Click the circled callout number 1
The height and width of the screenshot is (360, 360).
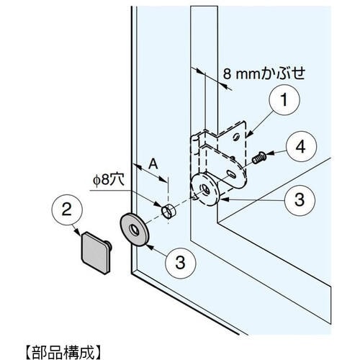tap(284, 99)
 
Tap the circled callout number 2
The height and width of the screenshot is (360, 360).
tap(67, 210)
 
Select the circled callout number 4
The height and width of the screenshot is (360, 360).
tap(301, 146)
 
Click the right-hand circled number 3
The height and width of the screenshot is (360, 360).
tap(300, 200)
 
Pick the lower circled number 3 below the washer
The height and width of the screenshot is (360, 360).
tap(181, 263)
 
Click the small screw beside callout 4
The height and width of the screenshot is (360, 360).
tap(258, 157)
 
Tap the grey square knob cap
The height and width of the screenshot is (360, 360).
tap(95, 253)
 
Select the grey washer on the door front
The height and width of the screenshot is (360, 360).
tap(135, 229)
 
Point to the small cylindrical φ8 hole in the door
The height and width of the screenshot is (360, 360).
tap(168, 212)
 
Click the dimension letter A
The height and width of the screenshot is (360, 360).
tap(153, 165)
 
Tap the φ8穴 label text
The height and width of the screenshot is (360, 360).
tap(109, 180)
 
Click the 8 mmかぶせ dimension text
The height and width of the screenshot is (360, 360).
tap(264, 73)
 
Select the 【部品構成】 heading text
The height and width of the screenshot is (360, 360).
tap(63, 352)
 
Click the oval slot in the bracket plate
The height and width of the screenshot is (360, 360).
tap(231, 174)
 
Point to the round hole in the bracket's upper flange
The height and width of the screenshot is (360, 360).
tap(236, 137)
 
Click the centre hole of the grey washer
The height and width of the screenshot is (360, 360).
tap(134, 230)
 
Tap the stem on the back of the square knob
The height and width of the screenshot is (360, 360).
tap(109, 246)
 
